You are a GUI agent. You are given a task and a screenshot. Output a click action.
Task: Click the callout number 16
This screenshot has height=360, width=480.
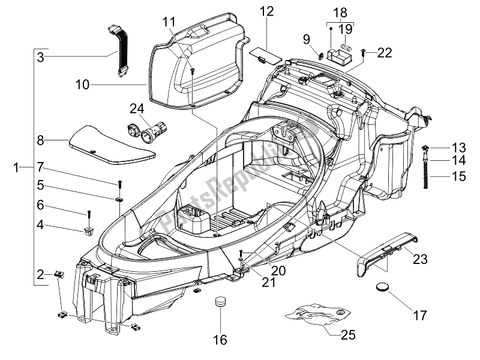tap(220, 340)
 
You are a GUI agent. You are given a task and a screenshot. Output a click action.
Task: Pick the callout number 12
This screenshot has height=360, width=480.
tap(266, 11)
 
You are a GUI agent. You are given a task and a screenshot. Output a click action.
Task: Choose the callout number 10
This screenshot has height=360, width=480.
tap(82, 85)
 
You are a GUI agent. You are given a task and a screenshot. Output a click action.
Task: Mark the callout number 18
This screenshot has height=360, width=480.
tap(340, 12)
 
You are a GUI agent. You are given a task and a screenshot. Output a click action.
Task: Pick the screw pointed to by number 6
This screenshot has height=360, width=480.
tap(89, 213)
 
